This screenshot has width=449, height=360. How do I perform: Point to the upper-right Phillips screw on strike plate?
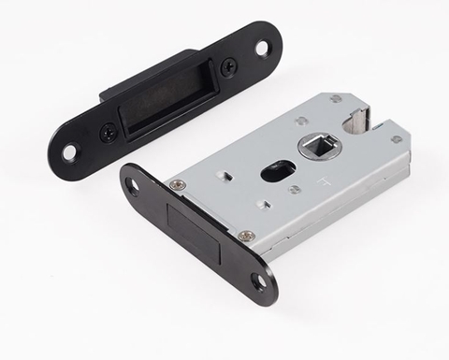227,67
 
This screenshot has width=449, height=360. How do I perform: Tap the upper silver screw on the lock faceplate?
178,184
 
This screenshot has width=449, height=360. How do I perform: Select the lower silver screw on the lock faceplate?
245,237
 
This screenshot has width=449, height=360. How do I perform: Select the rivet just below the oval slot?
294,190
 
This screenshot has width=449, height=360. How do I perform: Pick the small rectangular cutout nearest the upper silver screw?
227,174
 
